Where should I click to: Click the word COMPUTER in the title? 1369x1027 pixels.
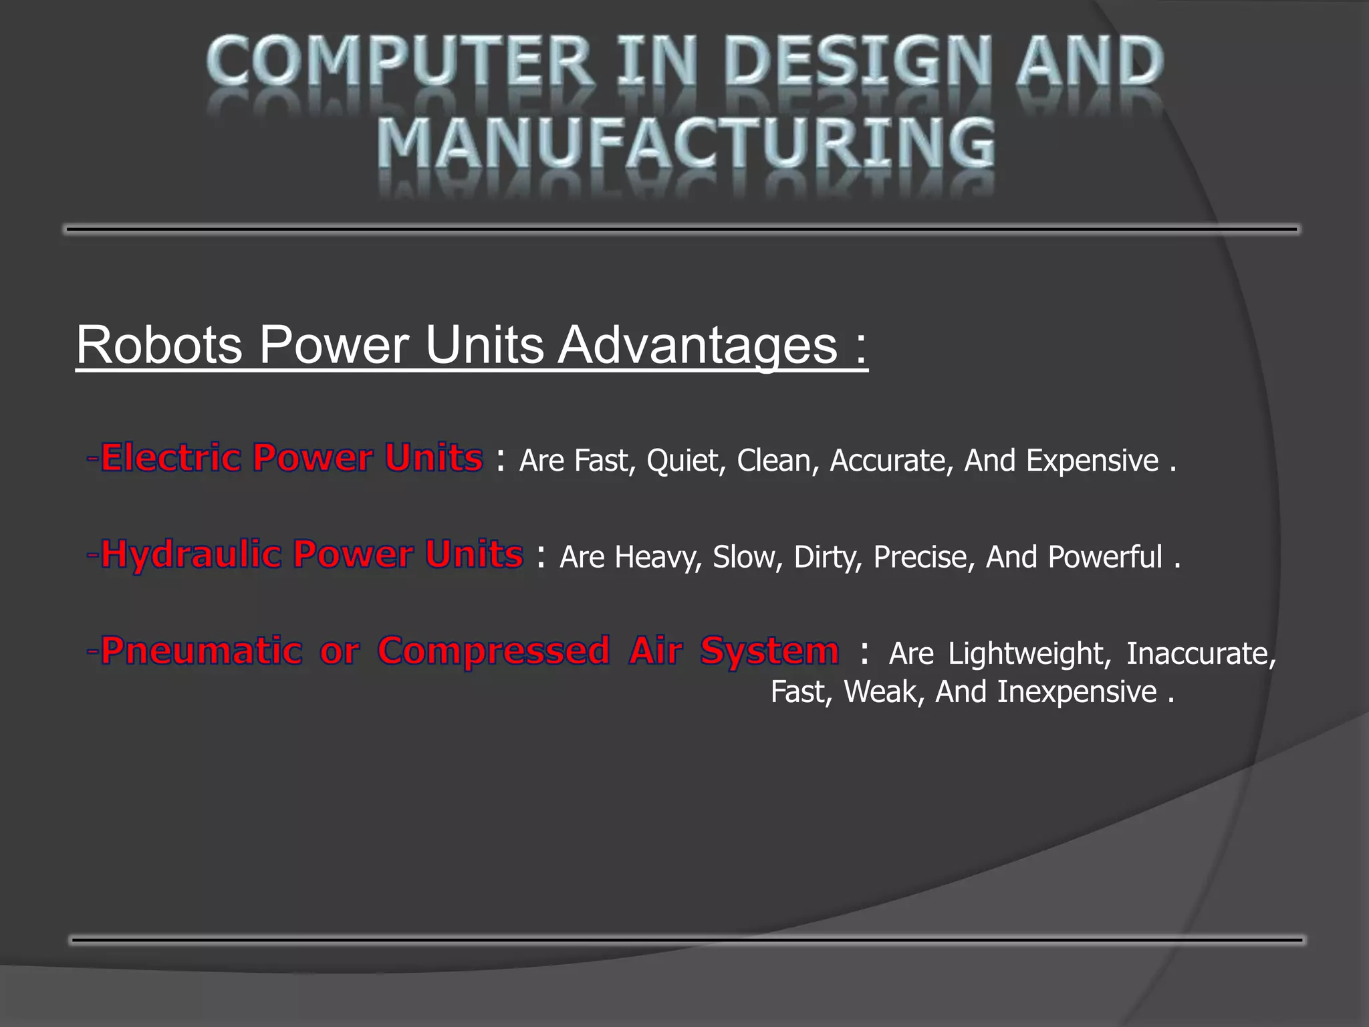click(399, 62)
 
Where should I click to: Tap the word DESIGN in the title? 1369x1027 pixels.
click(857, 62)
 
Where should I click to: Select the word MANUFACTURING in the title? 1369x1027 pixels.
click(686, 144)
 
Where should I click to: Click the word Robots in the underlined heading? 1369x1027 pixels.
click(159, 345)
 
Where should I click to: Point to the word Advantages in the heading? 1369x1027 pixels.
click(698, 345)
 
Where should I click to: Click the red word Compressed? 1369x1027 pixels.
click(493, 651)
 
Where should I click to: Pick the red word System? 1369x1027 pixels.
click(769, 651)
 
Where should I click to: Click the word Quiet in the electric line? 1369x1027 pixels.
click(684, 461)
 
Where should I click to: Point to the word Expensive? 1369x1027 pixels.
click(1092, 461)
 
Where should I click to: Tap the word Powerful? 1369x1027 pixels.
click(1105, 557)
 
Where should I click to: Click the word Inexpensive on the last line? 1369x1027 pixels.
click(1077, 692)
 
